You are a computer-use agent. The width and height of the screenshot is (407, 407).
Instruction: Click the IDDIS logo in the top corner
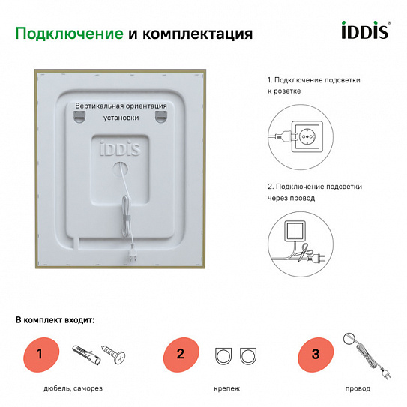[366, 32]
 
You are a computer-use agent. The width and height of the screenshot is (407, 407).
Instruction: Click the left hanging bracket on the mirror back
[80, 117]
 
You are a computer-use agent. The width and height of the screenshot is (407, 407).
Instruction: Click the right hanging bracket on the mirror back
[160, 117]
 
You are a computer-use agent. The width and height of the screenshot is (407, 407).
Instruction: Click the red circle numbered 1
[39, 354]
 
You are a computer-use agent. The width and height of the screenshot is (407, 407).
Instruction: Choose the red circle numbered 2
[181, 354]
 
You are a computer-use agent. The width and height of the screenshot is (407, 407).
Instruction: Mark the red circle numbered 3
[314, 354]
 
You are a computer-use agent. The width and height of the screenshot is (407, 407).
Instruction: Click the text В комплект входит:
[55, 320]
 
